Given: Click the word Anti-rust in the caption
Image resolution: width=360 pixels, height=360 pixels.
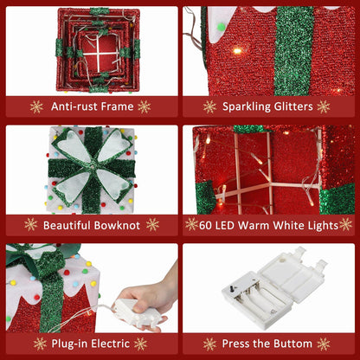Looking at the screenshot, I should pos(74,106).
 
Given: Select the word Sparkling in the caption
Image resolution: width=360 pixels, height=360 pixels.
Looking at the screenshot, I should pos(247,106).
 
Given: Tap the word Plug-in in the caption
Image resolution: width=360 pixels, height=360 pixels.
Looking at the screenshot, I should pos(71,344).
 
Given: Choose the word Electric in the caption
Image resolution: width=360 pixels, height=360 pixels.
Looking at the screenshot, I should pos(112,344).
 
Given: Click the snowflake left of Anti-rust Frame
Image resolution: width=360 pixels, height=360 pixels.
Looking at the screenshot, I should pos(36,106).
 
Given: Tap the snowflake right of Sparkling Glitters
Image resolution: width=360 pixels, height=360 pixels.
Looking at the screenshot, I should pos(324,106).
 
